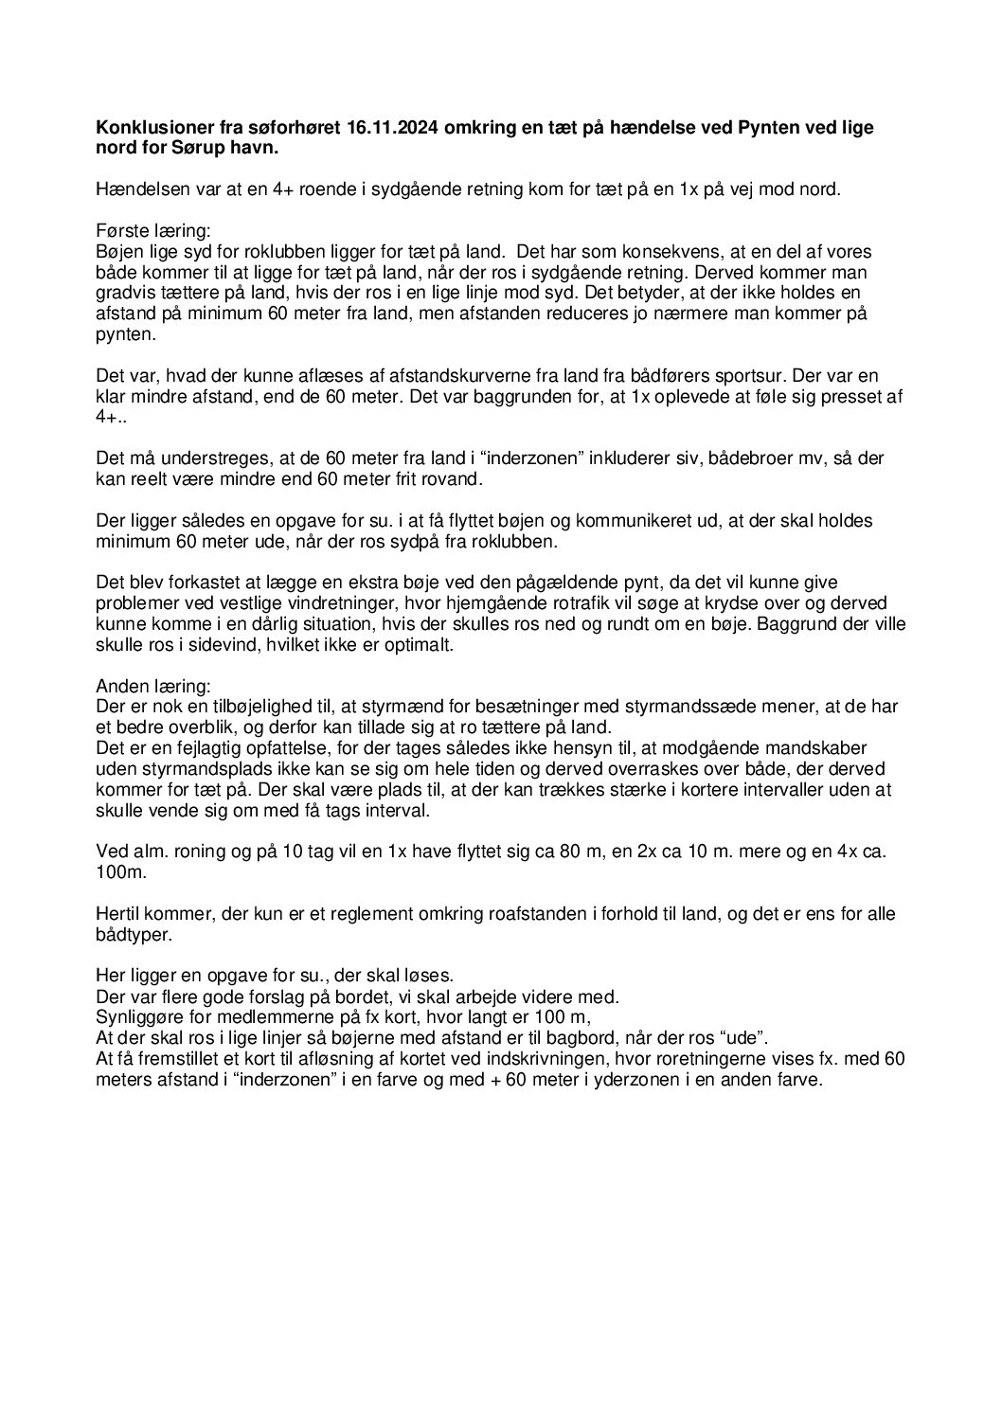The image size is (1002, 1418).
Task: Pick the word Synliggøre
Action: coord(139,1018)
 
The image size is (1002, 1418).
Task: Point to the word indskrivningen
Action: coord(553,1060)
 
